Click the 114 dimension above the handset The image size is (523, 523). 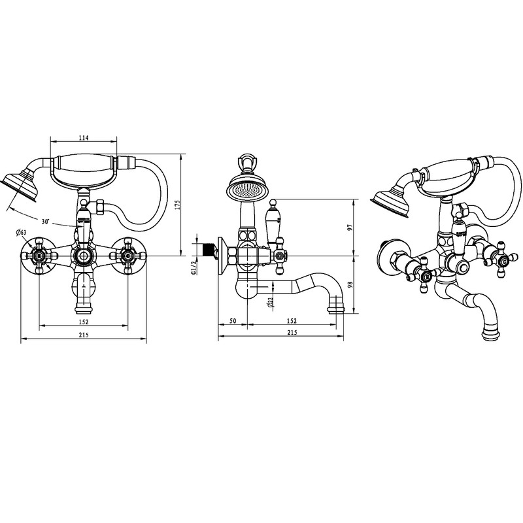[x=84, y=138]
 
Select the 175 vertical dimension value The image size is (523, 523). [x=177, y=205]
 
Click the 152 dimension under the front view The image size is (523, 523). [x=84, y=322]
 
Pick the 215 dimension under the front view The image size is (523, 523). [x=84, y=335]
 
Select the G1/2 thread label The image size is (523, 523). [x=194, y=268]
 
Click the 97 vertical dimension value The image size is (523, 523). [x=350, y=228]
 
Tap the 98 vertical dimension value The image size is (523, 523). [x=350, y=284]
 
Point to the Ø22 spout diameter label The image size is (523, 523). [x=271, y=302]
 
